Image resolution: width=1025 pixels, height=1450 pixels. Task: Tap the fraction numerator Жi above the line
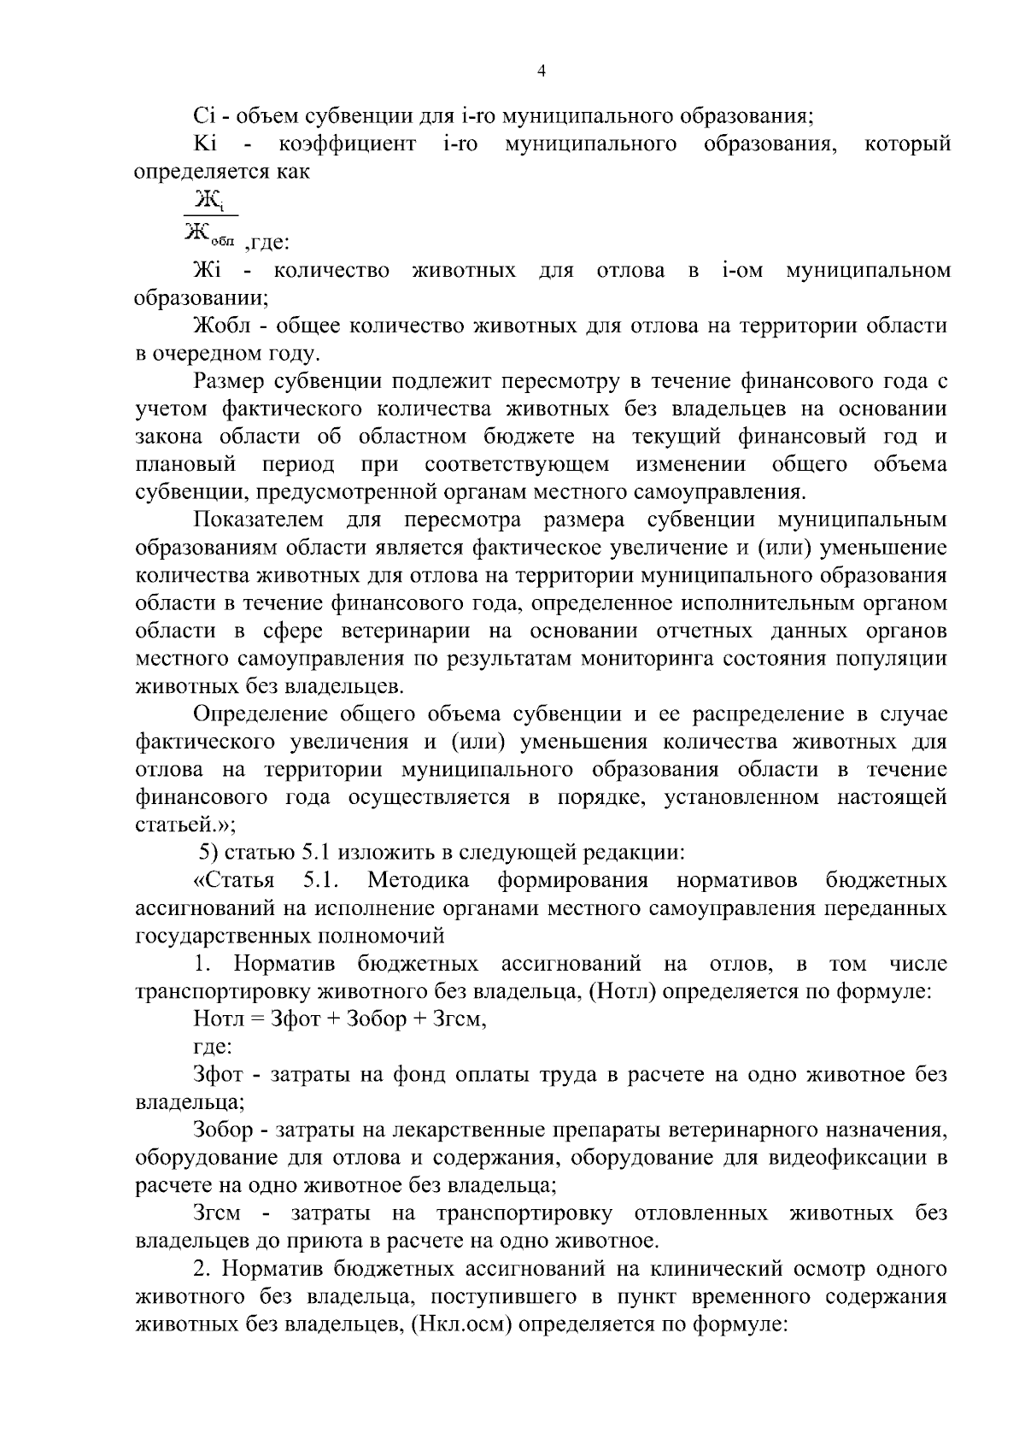click(x=210, y=200)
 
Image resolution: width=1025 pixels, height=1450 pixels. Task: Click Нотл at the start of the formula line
click(x=219, y=1019)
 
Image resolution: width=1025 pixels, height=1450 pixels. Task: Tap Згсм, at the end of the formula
click(x=460, y=1019)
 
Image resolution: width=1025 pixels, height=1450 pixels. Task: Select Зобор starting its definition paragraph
click(x=223, y=1130)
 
